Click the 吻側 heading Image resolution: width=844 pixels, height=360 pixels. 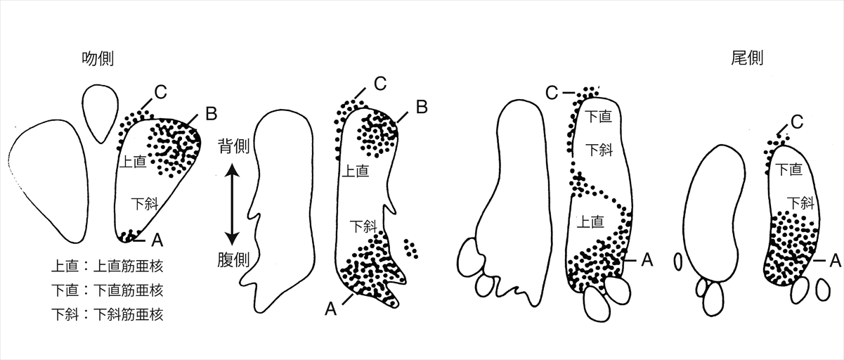click(x=98, y=59)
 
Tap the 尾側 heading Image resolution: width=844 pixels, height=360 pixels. click(x=747, y=59)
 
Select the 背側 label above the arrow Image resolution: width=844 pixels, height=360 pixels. click(x=232, y=149)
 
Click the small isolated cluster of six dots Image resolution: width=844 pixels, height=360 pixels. click(x=411, y=247)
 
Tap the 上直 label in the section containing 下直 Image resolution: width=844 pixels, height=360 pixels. click(x=590, y=222)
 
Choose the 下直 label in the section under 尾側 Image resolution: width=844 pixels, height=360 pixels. click(x=786, y=169)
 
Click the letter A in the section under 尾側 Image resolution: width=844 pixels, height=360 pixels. click(x=834, y=260)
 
